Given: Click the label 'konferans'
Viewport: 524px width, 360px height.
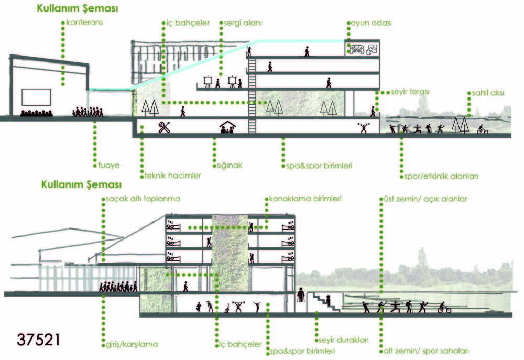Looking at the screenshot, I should (85, 23).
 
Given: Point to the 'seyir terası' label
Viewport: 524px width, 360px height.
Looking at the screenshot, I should (410, 92).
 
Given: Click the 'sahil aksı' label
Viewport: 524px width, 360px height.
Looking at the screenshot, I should (488, 93).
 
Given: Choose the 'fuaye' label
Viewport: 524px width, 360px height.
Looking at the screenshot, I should (109, 165).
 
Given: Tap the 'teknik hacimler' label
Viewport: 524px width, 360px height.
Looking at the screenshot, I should (173, 176).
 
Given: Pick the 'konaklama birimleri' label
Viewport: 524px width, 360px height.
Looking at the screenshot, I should (305, 199).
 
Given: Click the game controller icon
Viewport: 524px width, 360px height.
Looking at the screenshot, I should (357, 49).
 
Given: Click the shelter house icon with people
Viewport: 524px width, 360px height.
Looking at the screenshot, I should (227, 127).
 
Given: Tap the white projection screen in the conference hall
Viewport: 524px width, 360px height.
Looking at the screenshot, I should (36, 97).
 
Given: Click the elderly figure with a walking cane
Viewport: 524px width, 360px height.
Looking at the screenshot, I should (301, 296).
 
